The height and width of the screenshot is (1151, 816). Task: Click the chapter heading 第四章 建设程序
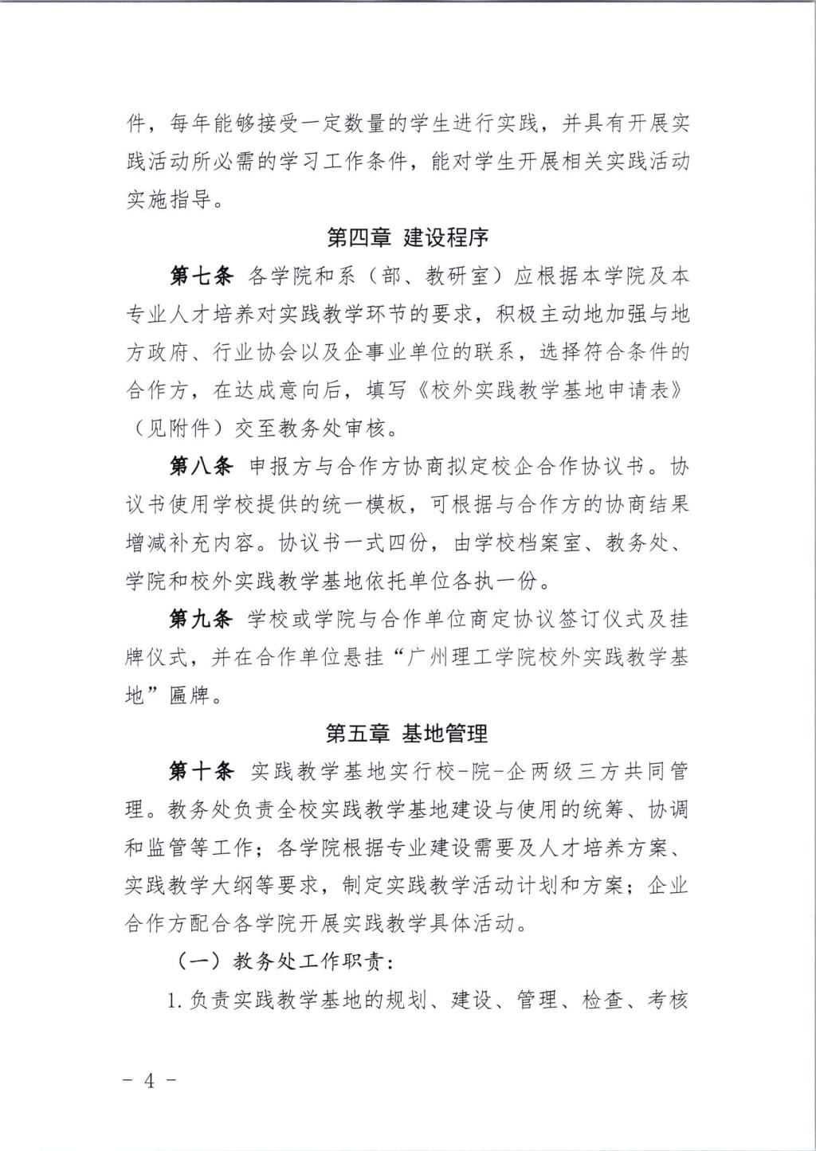pos(407,237)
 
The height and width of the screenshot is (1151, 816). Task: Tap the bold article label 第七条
pos(201,276)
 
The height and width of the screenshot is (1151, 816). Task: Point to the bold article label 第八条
pos(201,466)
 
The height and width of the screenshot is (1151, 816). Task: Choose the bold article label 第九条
pos(201,619)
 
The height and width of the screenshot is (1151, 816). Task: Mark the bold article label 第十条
pos(201,771)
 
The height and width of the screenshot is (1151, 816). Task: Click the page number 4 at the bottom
pos(149,1081)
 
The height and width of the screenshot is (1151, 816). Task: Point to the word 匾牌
pos(190,695)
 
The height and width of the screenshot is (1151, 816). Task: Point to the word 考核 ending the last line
pos(668,1000)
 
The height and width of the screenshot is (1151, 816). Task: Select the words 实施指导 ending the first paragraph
pos(168,200)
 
